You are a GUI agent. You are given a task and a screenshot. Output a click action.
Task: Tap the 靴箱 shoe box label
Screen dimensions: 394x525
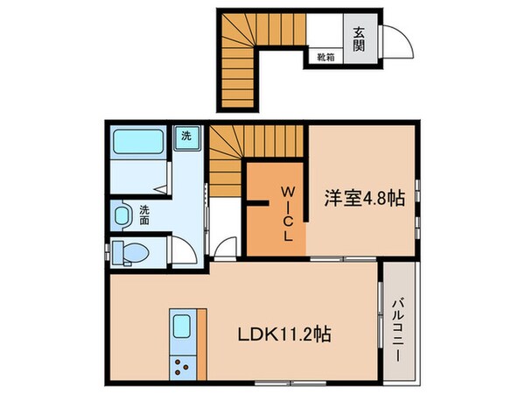324,58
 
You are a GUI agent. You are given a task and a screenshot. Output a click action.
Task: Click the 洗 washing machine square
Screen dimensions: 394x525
186,137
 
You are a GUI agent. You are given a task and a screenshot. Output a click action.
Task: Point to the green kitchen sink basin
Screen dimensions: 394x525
183,328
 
